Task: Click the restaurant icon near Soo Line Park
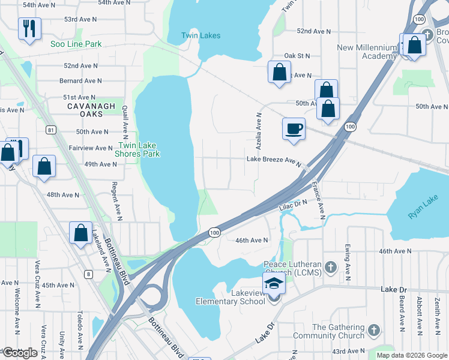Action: pos(28,28)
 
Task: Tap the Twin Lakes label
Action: pos(200,35)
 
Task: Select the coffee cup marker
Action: pos(294,129)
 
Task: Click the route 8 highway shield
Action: pos(89,274)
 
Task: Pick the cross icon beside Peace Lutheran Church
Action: pos(330,266)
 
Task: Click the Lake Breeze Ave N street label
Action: pos(273,160)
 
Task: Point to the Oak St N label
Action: pos(297,56)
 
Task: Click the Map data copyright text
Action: pos(412,355)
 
